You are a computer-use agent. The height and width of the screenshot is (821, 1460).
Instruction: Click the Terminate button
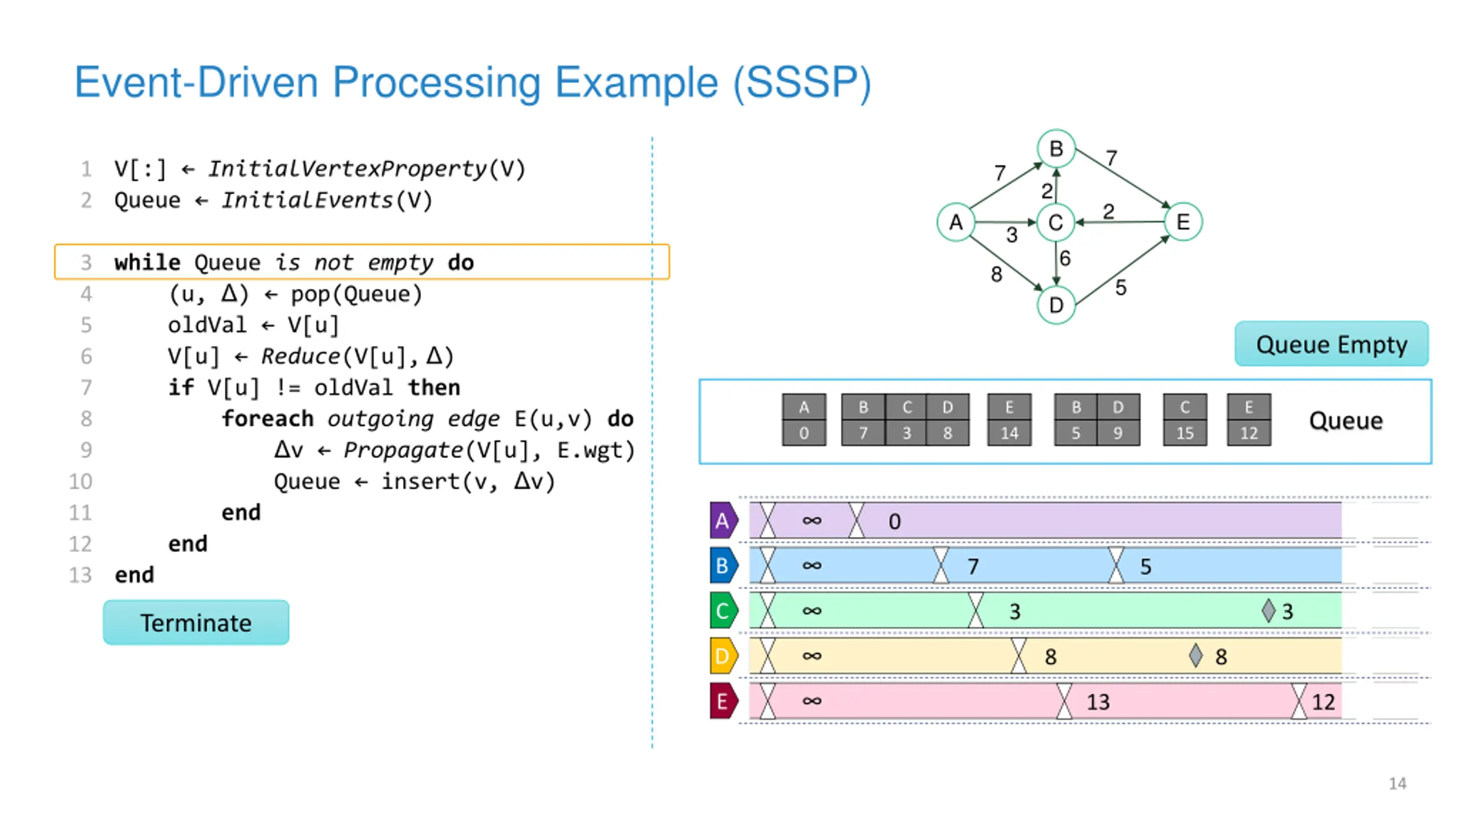pos(196,622)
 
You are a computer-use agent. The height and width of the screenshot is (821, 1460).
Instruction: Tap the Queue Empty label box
pos(1332,344)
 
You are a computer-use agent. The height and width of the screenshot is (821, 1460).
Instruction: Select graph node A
pos(956,222)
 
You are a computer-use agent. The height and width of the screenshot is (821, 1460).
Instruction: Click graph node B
pos(1056,149)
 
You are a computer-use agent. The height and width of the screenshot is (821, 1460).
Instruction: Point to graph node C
pos(1056,222)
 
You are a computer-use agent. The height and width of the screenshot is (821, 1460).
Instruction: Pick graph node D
pos(1056,305)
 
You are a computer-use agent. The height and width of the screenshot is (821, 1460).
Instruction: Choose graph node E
pos(1183,222)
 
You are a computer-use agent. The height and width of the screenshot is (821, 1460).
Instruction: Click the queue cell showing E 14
pos(1009,420)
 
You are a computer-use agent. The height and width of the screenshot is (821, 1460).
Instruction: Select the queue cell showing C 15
pos(1185,420)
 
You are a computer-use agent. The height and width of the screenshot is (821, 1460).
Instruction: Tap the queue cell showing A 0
pos(804,420)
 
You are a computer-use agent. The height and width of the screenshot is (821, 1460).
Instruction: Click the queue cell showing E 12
pos(1249,420)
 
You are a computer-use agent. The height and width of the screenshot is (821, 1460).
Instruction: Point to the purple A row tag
pos(724,520)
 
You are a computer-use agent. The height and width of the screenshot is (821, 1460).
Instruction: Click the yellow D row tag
pos(724,656)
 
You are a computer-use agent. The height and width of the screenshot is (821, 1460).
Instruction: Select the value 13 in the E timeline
pos(1098,702)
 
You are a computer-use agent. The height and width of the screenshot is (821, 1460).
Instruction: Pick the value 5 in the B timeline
pos(1145,566)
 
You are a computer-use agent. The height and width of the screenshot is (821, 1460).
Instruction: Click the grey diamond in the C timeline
pos(1268,611)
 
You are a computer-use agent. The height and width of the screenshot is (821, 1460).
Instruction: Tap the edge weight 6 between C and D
pos(1065,258)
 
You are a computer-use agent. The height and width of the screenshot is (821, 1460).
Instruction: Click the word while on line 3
pos(147,262)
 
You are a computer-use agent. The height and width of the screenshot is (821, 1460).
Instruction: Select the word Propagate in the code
pos(403,450)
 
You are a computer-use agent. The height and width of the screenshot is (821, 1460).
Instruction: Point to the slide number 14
pos(1397,783)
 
